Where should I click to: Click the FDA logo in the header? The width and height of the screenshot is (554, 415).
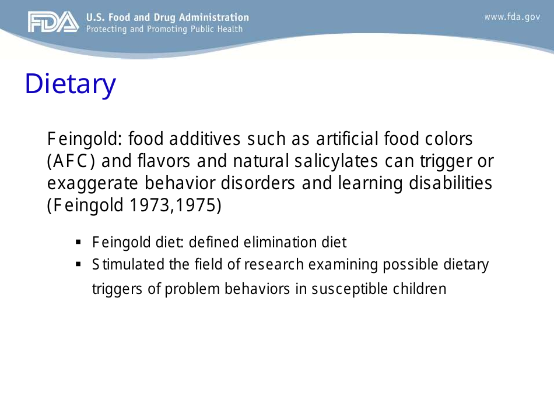[x=52, y=22]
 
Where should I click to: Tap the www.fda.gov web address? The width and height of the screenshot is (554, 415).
[x=512, y=17]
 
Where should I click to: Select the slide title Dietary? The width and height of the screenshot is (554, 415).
[x=70, y=84]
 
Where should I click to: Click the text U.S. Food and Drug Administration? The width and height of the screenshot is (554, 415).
[x=167, y=17]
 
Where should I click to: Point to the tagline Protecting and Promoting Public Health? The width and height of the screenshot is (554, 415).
[x=164, y=29]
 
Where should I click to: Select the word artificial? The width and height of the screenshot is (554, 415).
[x=347, y=140]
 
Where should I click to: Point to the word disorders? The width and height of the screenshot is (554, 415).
[x=259, y=184]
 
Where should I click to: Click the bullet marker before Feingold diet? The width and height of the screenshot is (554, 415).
[x=78, y=242]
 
